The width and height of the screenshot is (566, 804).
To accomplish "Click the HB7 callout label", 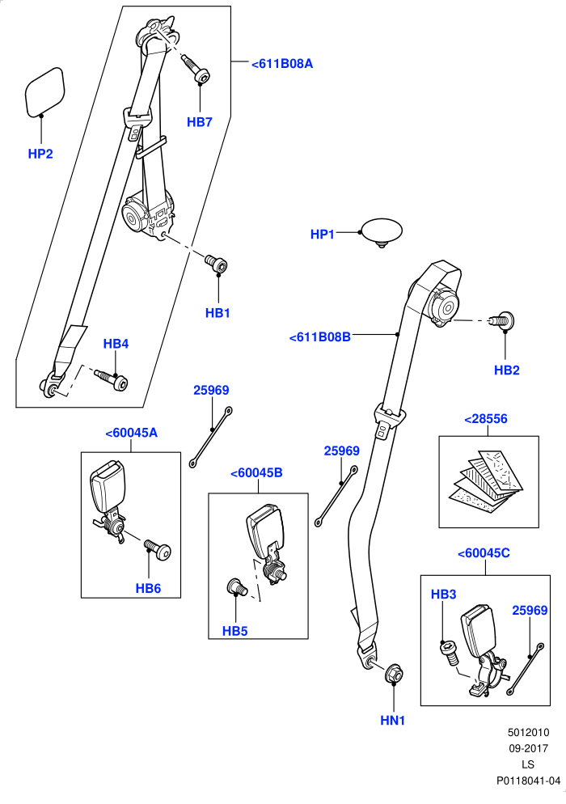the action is click(x=200, y=122).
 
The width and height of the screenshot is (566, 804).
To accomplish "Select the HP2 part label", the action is click(x=40, y=154).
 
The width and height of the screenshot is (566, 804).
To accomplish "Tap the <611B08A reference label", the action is click(x=282, y=64).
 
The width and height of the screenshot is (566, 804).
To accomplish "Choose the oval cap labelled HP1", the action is click(x=382, y=232).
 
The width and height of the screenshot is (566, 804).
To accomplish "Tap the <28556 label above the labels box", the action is click(x=485, y=419).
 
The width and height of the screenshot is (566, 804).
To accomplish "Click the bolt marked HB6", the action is click(x=158, y=550).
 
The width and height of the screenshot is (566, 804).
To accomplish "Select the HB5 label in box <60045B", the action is click(x=234, y=631).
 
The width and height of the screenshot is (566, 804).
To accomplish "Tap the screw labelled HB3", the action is click(x=448, y=653).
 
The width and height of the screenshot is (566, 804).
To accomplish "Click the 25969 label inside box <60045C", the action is click(x=530, y=611).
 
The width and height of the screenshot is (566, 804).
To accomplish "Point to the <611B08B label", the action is click(x=320, y=337).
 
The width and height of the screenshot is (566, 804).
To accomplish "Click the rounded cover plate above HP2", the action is click(x=45, y=91).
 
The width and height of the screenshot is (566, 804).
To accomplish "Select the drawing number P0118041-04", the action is click(x=529, y=781).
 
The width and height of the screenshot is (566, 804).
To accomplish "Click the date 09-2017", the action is click(x=529, y=749).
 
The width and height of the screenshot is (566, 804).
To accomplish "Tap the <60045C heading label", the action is click(x=484, y=553).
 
